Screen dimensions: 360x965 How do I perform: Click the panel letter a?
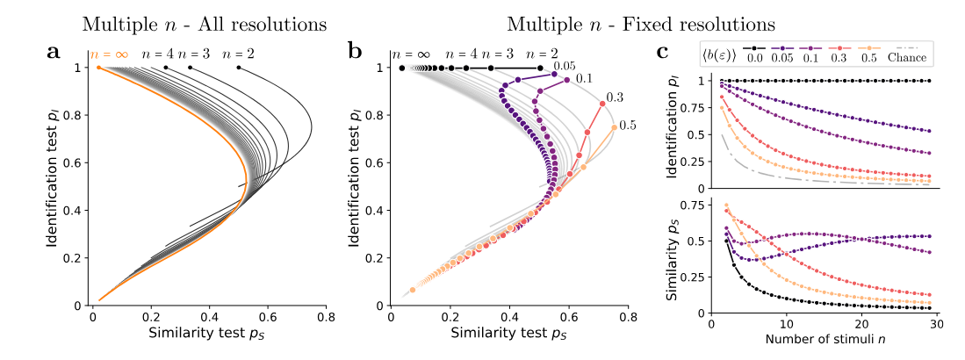54,52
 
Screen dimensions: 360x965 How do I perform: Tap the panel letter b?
355,52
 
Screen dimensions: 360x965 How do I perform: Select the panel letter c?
665,52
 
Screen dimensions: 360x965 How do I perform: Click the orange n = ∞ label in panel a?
110,54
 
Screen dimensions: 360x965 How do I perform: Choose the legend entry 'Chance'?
907,58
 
